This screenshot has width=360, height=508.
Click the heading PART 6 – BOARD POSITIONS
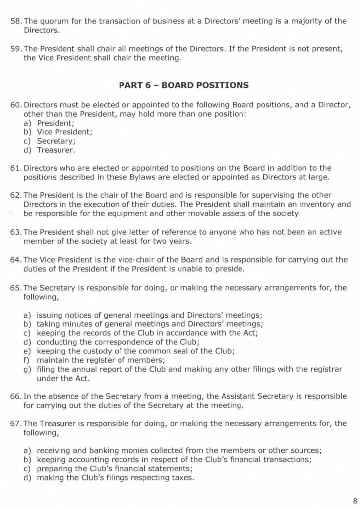183,85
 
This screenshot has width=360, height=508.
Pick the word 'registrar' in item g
331,369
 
